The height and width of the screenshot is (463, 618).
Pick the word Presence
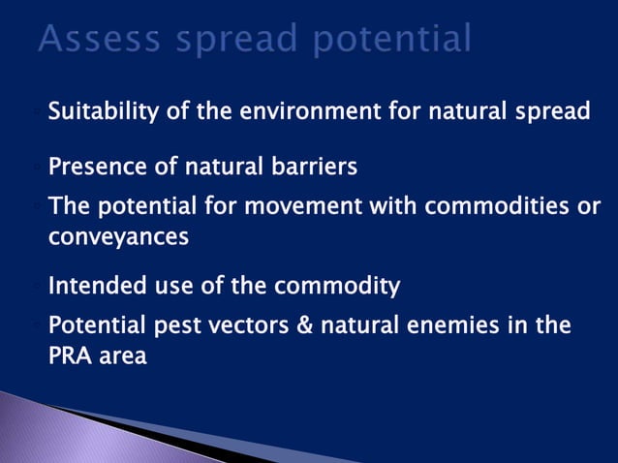(93, 168)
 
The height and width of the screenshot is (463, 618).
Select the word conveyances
(118, 236)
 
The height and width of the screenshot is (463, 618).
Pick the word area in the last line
(122, 355)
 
